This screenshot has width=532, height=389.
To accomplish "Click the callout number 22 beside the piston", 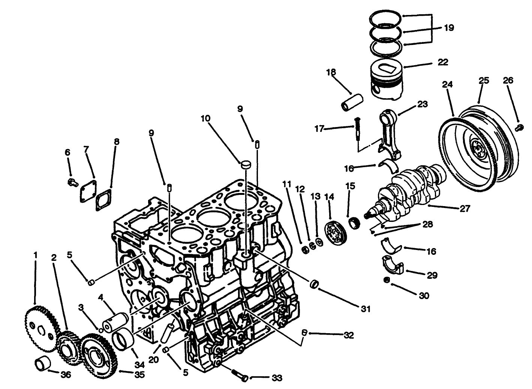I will [443, 62].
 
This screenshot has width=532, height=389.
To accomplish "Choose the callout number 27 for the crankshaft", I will [465, 209].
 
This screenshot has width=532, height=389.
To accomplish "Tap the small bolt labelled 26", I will [519, 128].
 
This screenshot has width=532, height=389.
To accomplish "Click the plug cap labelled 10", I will [246, 164].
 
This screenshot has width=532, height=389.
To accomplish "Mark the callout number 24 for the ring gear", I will [447, 85].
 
